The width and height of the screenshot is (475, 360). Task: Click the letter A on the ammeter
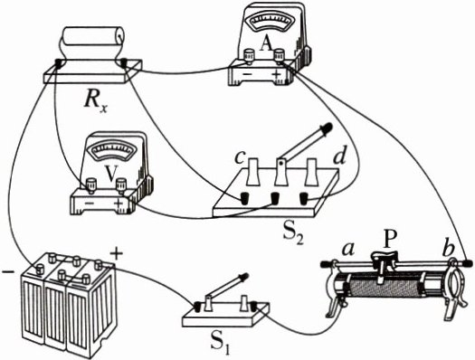click(266, 45)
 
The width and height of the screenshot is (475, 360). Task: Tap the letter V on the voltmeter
click(111, 173)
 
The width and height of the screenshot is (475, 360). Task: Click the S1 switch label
click(220, 344)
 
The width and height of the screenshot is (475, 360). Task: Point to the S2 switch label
click(292, 233)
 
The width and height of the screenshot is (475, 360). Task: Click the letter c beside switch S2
click(240, 158)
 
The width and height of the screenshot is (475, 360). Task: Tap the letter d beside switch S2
click(339, 156)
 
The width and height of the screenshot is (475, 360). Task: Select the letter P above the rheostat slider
click(387, 241)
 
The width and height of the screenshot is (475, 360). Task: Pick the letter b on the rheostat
click(448, 248)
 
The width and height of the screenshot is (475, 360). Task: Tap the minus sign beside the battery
click(8, 272)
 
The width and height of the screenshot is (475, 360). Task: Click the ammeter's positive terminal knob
click(279, 55)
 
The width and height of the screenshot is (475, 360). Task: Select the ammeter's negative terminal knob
click(250, 56)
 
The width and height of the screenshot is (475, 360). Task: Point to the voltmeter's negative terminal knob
click(91, 184)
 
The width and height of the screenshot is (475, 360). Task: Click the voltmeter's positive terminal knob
click(121, 184)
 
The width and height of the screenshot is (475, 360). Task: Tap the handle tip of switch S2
click(328, 127)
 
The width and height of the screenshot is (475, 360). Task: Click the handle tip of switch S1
click(245, 276)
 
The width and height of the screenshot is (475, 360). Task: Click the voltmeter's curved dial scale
click(114, 150)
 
